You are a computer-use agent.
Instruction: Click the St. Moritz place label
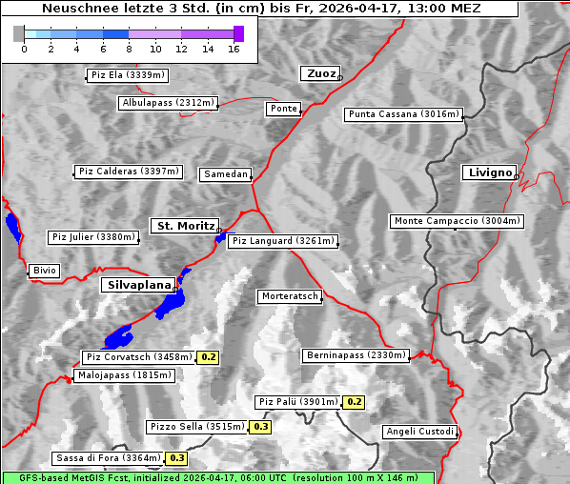[185, 226]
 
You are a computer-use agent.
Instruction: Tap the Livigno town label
[489, 172]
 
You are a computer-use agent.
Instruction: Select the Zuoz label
[319, 73]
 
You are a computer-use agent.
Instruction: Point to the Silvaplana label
[138, 285]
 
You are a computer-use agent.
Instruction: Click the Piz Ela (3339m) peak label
[128, 75]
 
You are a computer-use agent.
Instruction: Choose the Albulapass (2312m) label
[168, 103]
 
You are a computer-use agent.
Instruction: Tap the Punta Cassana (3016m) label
[403, 114]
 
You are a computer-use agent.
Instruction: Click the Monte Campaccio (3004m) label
[457, 221]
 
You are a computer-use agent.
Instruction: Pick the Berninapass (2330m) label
[356, 355]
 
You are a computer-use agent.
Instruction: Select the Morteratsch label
[290, 296]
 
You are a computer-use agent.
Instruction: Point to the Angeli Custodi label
[419, 432]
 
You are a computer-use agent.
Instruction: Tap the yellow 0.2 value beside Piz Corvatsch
[209, 357]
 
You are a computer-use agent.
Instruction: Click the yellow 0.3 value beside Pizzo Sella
[261, 427]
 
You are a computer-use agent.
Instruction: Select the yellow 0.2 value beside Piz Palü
[355, 402]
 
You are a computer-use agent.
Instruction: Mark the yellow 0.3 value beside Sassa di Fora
[176, 458]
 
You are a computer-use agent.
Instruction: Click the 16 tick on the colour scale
[234, 49]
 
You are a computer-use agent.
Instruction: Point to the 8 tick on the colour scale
[129, 49]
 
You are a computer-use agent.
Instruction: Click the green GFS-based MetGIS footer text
[218, 477]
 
